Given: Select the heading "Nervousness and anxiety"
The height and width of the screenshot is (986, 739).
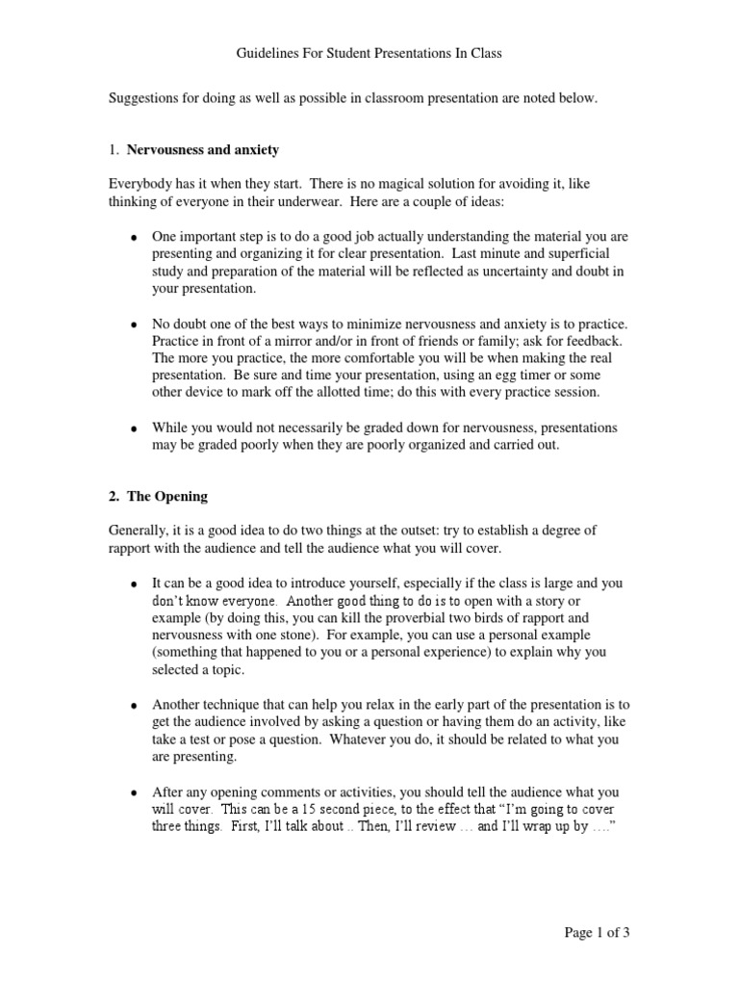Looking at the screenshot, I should pos(203,150).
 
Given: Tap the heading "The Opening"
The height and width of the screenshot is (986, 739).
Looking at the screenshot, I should pos(168,497).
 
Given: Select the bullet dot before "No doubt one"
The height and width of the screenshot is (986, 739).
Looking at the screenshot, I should pos(134,325).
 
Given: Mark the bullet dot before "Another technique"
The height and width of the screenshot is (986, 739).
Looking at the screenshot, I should pos(134,706).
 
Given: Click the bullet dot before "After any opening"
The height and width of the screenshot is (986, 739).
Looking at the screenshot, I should pos(134,792).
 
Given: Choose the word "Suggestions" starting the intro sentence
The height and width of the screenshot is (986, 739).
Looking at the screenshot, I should pos(145,98).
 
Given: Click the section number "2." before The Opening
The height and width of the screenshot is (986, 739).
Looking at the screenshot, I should pos(113,497).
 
